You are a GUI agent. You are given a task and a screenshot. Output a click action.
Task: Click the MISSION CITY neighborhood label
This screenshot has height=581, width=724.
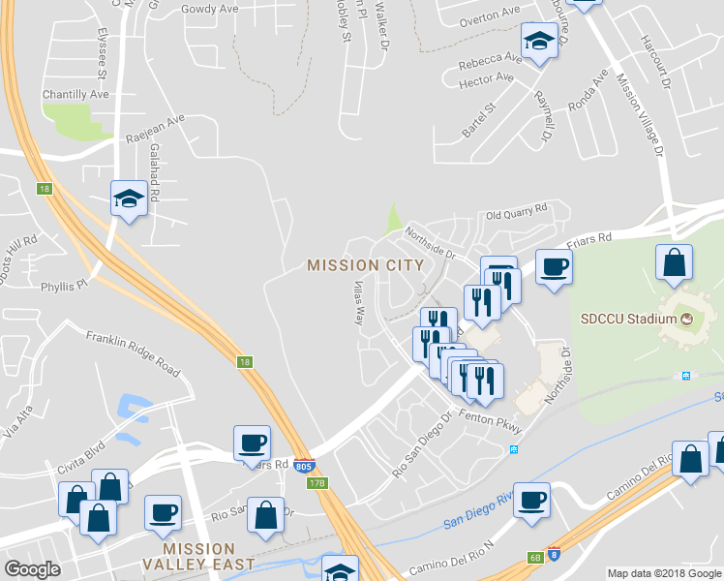pyautogui.click(x=365, y=264)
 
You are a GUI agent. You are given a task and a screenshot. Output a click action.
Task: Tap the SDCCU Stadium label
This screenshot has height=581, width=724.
pyautogui.click(x=629, y=319)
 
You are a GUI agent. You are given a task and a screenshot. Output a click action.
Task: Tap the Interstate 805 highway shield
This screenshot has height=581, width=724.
pyautogui.click(x=304, y=466)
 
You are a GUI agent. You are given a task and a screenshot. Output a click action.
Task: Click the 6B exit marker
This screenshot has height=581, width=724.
pyautogui.click(x=535, y=558)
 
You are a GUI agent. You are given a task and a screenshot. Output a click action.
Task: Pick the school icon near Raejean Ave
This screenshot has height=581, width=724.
pyautogui.click(x=128, y=199)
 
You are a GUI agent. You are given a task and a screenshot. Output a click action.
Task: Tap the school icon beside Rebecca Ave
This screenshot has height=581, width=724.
pyautogui.click(x=537, y=41)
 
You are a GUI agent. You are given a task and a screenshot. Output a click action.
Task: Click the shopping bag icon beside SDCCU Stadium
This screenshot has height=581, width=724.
pyautogui.click(x=674, y=261)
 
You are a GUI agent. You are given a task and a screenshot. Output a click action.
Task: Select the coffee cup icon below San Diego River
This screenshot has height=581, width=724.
pyautogui.click(x=531, y=500)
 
